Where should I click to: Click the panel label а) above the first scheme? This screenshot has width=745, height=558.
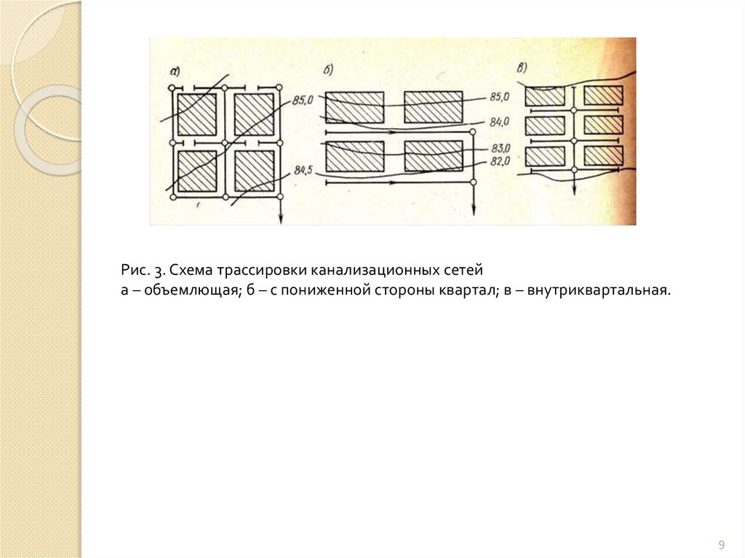(175, 71)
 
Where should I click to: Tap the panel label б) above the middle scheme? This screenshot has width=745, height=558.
(328, 70)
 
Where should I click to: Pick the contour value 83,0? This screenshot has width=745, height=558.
(501, 148)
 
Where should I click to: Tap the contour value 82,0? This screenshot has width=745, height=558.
(501, 162)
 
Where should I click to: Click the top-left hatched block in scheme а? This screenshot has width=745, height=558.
(197, 114)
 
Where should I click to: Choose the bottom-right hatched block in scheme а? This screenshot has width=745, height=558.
(253, 171)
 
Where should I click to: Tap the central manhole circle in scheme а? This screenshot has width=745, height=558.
(226, 143)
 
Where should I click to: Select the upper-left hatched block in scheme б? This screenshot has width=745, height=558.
(354, 107)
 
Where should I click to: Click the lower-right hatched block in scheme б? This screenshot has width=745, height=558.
(433, 156)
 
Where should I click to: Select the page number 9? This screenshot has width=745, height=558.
(722, 544)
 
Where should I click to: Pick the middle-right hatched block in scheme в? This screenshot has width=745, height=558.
(603, 125)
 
